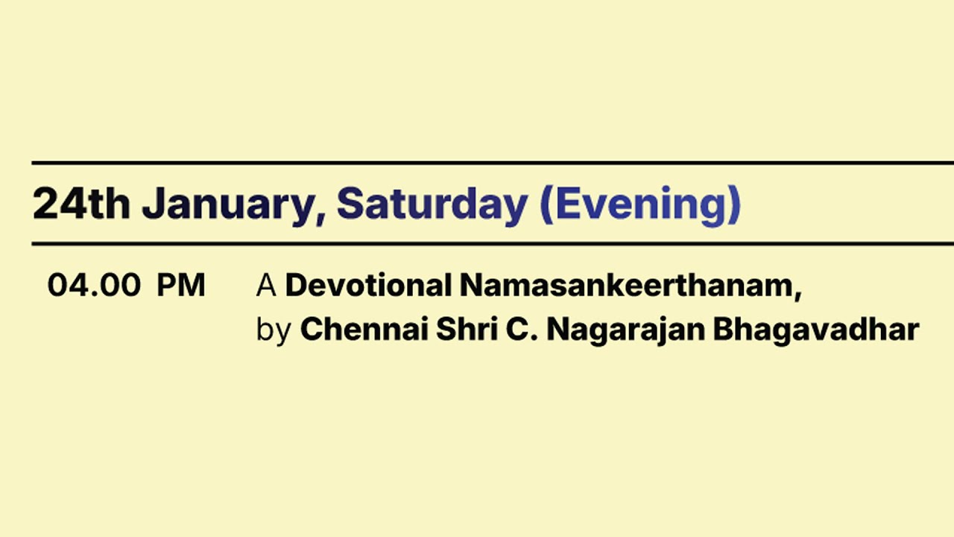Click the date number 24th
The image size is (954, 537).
[80, 204]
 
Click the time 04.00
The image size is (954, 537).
[94, 286]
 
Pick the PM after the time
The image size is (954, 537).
[180, 286]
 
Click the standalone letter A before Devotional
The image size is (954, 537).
[266, 286]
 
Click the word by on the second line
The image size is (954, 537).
[273, 330]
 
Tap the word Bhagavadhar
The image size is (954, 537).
[816, 329]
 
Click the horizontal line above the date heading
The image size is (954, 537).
[492, 163]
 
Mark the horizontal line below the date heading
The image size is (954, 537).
[492, 244]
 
